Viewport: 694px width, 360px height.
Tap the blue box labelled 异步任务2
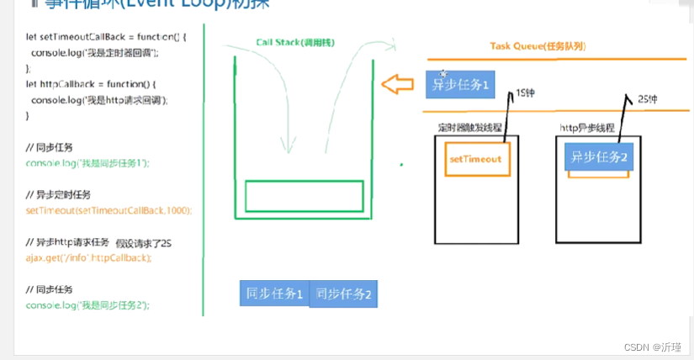[x=600, y=156]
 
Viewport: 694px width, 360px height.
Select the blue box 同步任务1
[x=274, y=294]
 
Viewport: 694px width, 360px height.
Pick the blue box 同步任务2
[x=343, y=294]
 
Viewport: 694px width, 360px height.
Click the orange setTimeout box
[x=475, y=159]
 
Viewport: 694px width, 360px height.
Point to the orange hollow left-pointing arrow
[x=398, y=84]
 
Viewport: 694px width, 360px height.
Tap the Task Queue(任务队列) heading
[x=538, y=45]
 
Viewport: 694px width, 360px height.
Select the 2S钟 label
[x=649, y=99]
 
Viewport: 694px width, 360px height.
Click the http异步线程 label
[x=587, y=128]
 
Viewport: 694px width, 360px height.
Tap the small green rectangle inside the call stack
[x=304, y=196]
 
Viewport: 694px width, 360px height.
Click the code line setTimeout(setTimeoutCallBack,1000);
[x=109, y=210]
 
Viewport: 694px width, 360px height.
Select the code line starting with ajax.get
[x=88, y=257]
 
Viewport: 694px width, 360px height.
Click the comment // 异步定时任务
[x=58, y=194]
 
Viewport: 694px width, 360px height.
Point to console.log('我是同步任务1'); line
[x=87, y=163]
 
